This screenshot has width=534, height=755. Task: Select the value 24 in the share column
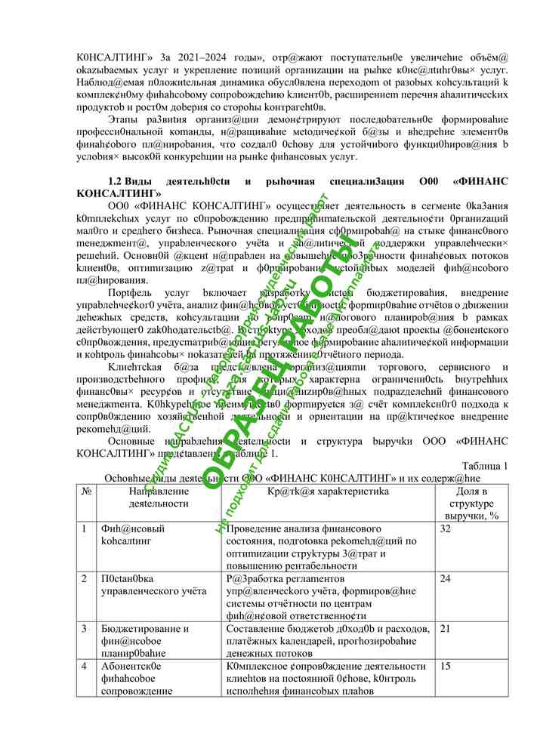pyautogui.click(x=445, y=579)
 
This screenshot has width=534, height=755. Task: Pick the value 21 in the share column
pyautogui.click(x=445, y=629)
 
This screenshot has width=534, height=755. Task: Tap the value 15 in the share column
pyautogui.click(x=445, y=667)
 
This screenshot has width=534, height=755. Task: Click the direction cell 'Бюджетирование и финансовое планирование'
pyautogui.click(x=144, y=640)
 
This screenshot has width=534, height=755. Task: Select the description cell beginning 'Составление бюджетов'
pyautogui.click(x=329, y=640)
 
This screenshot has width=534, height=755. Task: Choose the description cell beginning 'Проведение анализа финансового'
pyautogui.click(x=329, y=547)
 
